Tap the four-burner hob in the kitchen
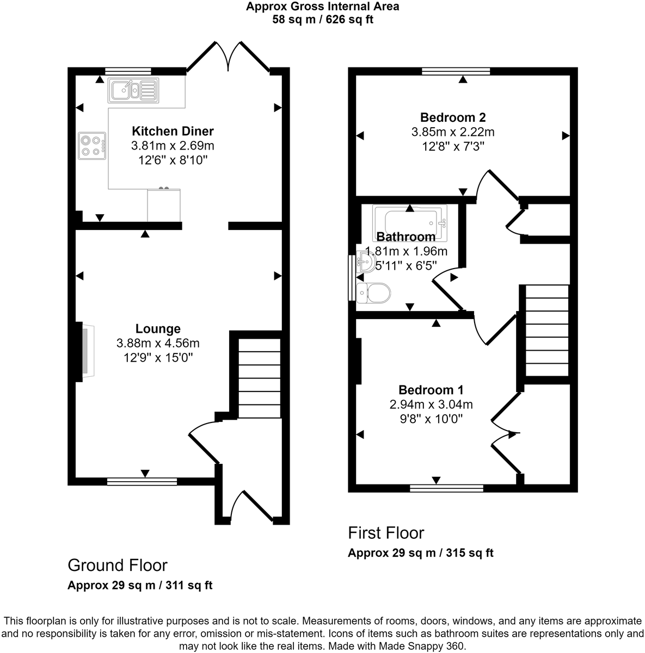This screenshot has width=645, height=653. coord(91,146)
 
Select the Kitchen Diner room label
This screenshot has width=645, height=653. coord(173,131)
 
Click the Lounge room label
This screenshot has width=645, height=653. coord(158,329)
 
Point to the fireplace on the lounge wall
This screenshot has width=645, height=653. coord(87,351)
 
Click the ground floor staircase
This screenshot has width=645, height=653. coord(260,378)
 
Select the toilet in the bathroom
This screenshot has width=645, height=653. coord(373,293)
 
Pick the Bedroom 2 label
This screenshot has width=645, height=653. coord(453,117)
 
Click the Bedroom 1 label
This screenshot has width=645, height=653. coord(431,390)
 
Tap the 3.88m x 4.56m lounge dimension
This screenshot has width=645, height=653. coord(158,344)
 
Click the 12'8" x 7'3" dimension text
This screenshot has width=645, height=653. coord(453,146)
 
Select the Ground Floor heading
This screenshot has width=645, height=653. coord(117,565)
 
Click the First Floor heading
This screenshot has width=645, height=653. coord(386,533)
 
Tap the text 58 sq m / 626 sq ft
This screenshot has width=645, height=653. coord(322,20)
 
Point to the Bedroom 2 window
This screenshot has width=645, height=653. coord(456,71)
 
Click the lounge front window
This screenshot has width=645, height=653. coord(142,481)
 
